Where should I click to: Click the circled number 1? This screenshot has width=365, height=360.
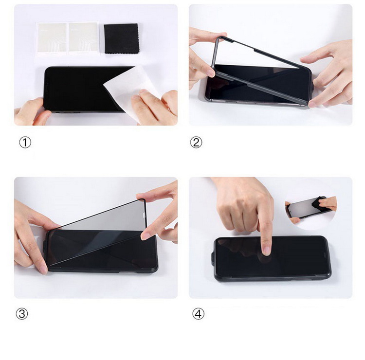(25, 142)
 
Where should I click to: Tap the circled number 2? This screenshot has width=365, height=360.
(196, 142)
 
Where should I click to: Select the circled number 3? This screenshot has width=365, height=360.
(21, 313)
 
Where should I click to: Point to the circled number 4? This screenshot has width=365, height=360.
(198, 313)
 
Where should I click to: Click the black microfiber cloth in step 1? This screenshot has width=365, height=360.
(121, 38)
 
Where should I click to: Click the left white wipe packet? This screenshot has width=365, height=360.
(52, 38)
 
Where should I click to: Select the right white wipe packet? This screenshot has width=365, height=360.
(83, 38)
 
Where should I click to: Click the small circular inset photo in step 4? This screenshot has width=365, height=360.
(311, 210)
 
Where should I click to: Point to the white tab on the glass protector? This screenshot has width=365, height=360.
(144, 215)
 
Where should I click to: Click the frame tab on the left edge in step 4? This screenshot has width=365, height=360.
(213, 258)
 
